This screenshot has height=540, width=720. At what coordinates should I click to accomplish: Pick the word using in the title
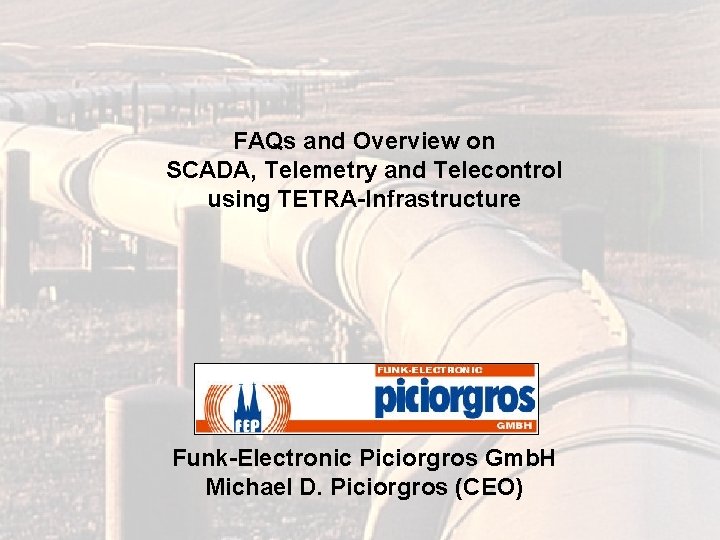coord(236,199)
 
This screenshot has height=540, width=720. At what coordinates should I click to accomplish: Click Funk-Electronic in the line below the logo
coord(262,460)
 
